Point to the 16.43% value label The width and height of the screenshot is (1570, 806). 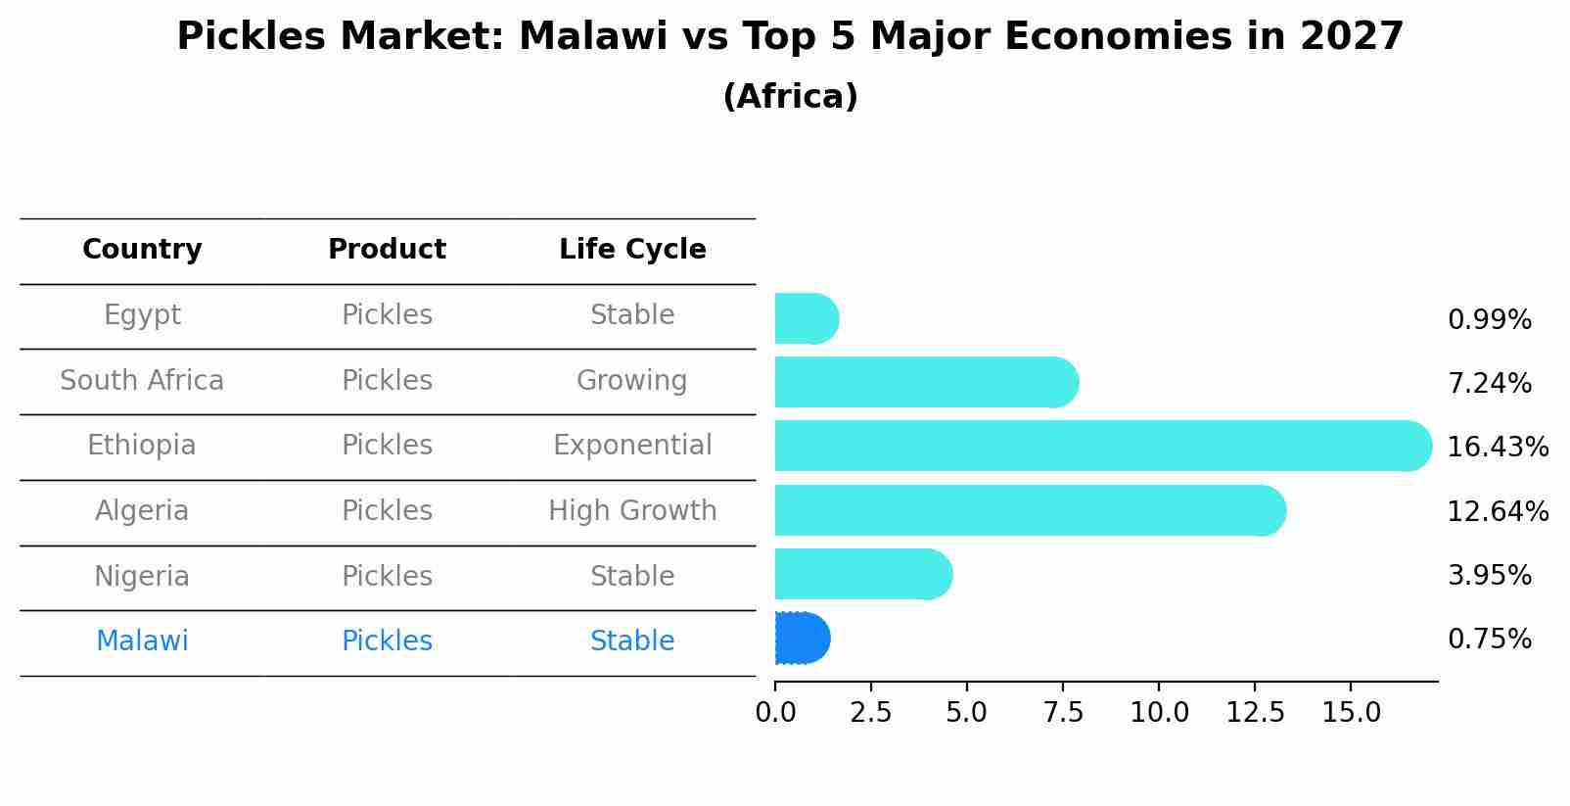tap(1497, 448)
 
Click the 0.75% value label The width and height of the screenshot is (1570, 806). tap(1489, 640)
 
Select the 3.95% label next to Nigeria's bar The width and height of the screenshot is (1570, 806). tap(1489, 576)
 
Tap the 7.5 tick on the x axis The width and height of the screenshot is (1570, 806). tap(1063, 713)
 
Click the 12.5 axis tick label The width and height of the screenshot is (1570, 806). tap(1255, 713)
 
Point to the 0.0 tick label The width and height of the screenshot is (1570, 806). tap(775, 713)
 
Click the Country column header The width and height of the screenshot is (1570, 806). tap(142, 250)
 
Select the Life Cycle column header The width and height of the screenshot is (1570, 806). tap(632, 250)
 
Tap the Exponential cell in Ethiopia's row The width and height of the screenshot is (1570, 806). tap(632, 446)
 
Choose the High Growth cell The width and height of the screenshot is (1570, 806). tap(632, 511)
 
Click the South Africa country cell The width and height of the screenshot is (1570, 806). tap(142, 381)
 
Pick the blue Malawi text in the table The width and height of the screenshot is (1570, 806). tap(142, 641)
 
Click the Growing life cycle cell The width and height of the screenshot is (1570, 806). tap(632, 381)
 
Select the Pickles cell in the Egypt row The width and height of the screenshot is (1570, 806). tap(387, 315)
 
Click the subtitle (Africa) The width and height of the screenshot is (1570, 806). tap(790, 97)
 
